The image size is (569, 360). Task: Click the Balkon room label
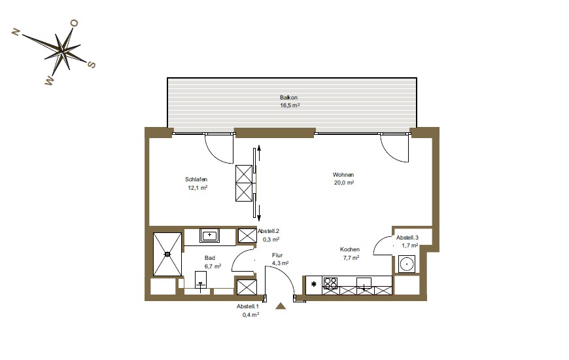click(x=288, y=98)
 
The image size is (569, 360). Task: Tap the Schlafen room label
click(x=196, y=179)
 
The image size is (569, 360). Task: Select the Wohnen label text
click(x=343, y=175)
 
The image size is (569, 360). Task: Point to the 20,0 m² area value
click(x=343, y=183)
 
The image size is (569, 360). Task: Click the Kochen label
click(x=350, y=249)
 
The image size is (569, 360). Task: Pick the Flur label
click(x=277, y=255)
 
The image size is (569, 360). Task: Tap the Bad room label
click(x=210, y=258)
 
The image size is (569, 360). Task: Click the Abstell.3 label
click(x=407, y=238)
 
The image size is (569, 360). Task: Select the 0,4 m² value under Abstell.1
click(x=250, y=315)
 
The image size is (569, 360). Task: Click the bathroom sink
click(x=209, y=236)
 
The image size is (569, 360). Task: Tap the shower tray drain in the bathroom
click(x=167, y=254)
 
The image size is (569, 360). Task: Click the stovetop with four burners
click(x=330, y=283)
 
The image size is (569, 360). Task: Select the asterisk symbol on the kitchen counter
click(x=314, y=284)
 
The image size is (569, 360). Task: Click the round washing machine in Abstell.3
click(x=407, y=264)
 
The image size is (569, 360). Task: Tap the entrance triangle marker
click(x=281, y=306)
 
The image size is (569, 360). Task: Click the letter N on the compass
click(x=16, y=32)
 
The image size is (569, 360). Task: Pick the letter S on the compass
click(x=92, y=65)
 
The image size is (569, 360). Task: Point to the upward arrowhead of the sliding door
click(x=259, y=147)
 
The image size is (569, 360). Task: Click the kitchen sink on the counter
click(x=364, y=283)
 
